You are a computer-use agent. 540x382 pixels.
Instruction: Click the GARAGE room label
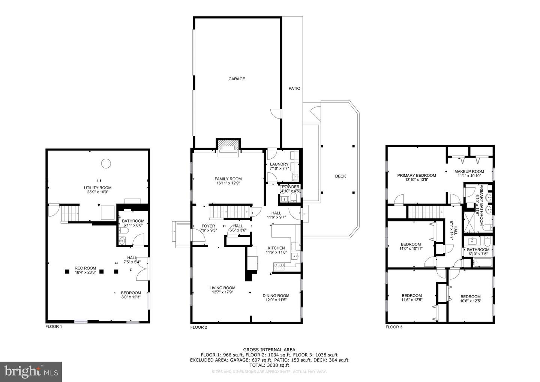pos(237,79)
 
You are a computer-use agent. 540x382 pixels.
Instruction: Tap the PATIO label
pos(294,89)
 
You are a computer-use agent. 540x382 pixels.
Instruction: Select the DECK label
pos(340,176)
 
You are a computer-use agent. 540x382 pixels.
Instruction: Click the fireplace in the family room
pos(228,146)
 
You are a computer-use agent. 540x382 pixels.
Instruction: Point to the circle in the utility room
pos(106,163)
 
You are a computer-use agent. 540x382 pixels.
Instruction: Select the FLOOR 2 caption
pos(199,327)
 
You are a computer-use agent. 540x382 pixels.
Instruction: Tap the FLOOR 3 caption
pos(394,327)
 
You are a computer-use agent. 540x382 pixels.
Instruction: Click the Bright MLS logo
pos(31,371)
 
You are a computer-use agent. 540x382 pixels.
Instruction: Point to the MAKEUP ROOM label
pos(469,171)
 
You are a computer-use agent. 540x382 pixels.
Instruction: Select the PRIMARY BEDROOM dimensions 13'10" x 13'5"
pos(417,180)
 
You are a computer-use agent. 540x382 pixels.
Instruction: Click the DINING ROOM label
pos(276,295)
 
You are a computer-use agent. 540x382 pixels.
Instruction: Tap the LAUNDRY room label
pos(279,164)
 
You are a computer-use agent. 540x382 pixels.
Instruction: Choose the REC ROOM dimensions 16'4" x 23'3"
pos(85,272)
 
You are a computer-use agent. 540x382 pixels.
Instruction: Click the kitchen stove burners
pos(279,266)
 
